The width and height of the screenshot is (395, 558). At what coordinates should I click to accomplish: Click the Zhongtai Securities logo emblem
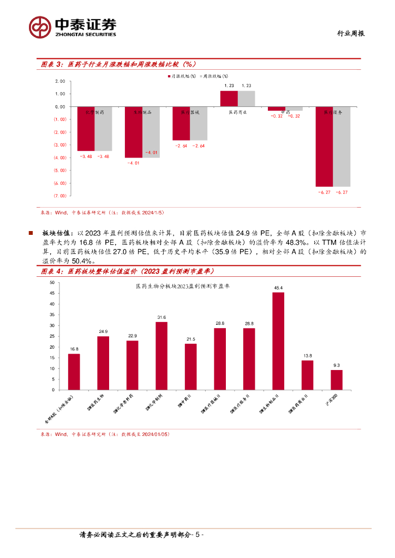click(40, 26)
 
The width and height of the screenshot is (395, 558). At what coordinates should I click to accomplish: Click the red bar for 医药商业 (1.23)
click(229, 99)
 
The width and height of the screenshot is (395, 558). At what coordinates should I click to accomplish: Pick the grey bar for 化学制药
click(103, 129)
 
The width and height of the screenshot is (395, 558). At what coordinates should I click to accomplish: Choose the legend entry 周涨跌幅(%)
click(214, 77)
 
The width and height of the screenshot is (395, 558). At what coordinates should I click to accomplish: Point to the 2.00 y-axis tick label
click(60, 81)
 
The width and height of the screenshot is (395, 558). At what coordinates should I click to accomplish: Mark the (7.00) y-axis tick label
click(60, 195)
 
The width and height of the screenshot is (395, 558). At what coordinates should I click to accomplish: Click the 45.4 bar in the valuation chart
click(278, 341)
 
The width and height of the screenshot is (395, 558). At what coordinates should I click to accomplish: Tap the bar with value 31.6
click(161, 356)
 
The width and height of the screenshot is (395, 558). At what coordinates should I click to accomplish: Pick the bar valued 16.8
click(74, 372)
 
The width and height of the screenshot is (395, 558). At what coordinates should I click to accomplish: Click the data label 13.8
click(307, 355)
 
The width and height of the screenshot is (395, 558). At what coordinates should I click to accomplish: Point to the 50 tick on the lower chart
click(52, 282)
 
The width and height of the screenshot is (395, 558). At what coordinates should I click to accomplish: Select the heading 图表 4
click(53, 271)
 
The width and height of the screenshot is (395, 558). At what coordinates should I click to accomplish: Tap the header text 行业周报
click(349, 33)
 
